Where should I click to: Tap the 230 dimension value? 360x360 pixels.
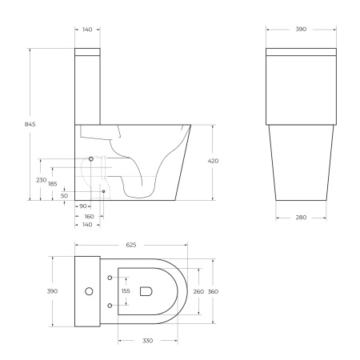41,180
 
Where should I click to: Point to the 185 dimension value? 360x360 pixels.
53,185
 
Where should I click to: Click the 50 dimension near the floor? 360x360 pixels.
64,195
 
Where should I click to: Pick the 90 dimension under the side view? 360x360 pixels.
83,206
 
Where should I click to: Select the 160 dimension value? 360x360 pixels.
89,216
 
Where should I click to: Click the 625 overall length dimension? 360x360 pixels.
130,244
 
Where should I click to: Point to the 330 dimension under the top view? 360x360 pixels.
148,340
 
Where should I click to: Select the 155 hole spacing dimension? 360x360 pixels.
125,291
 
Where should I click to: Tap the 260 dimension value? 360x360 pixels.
199,291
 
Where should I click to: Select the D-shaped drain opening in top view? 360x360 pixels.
146,291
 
